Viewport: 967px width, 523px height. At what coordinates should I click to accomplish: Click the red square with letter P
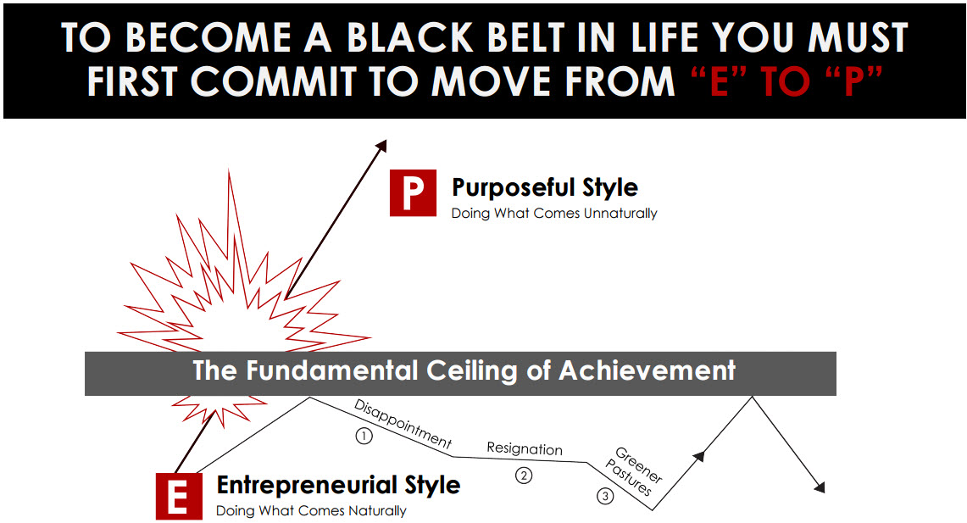click(x=413, y=193)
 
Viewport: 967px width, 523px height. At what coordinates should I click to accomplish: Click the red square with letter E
click(x=179, y=496)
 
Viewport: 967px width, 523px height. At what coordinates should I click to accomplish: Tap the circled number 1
click(x=364, y=436)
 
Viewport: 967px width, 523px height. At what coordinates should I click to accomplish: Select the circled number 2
click(x=524, y=476)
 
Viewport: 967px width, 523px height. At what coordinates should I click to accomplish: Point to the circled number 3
click(x=605, y=496)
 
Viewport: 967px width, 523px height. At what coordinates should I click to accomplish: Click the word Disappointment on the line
click(x=403, y=424)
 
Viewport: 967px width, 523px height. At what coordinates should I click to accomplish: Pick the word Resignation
click(x=525, y=448)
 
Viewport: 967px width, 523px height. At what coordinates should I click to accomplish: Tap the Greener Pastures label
click(x=634, y=471)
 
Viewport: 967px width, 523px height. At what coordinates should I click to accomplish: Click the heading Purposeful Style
click(x=545, y=187)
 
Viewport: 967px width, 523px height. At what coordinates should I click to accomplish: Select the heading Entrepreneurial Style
click(x=338, y=485)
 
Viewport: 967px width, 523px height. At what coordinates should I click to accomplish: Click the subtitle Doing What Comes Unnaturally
click(x=553, y=214)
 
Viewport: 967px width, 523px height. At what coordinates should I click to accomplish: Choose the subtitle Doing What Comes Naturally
click(x=311, y=510)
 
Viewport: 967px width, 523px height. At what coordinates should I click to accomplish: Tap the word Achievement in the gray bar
click(x=647, y=370)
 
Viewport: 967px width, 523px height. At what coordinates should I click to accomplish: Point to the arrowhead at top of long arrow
click(x=381, y=146)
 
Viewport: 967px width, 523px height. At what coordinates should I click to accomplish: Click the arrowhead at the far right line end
click(x=820, y=487)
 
